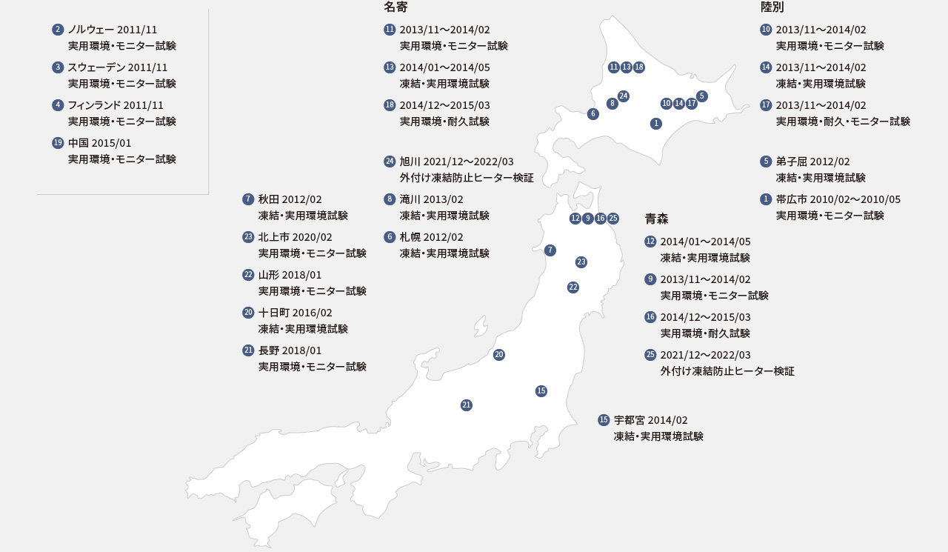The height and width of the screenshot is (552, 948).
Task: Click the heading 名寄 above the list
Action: [x=395, y=7]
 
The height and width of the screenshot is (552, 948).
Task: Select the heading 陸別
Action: [x=772, y=7]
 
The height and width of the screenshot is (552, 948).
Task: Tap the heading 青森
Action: [x=656, y=219]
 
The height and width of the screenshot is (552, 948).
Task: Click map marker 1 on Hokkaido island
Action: [x=656, y=124]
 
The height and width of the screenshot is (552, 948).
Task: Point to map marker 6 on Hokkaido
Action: [x=593, y=114]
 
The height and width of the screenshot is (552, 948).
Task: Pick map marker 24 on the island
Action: [x=624, y=96]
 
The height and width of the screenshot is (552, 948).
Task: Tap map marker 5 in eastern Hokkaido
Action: [x=702, y=96]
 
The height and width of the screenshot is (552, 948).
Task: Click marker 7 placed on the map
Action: [x=550, y=250]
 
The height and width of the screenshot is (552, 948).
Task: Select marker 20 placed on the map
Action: [x=499, y=355]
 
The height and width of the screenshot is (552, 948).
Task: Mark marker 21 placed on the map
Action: [x=467, y=405]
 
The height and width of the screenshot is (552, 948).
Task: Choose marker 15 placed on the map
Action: [x=541, y=391]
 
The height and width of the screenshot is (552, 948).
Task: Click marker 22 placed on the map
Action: [x=573, y=287]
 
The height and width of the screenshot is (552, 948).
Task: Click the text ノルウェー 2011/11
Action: [x=112, y=30]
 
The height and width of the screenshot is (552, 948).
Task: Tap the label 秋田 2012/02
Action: [x=290, y=199]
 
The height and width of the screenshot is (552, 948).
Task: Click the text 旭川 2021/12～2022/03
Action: [x=456, y=162]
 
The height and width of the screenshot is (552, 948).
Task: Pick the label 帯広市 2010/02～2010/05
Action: [x=838, y=199]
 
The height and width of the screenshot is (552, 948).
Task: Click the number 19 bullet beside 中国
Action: [x=58, y=143]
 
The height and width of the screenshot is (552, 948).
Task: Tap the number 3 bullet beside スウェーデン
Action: [x=58, y=67]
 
